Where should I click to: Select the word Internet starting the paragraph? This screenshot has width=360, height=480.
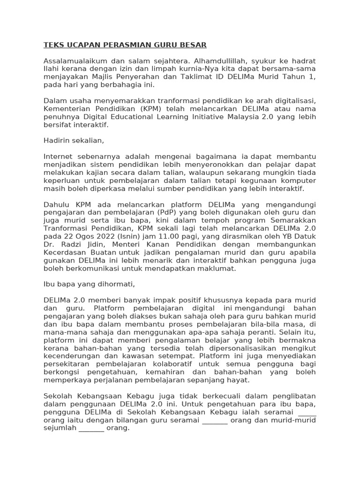point(58,157)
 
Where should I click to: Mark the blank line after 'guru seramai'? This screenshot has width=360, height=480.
point(215,420)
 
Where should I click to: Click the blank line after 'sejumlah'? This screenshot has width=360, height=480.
point(91,428)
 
